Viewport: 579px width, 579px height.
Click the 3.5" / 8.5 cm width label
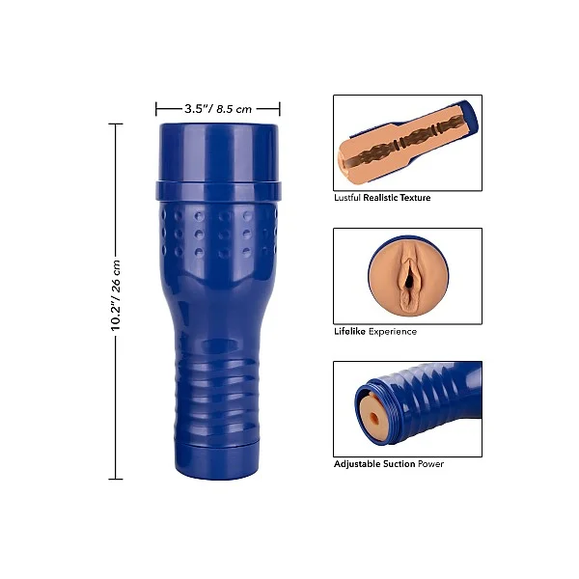click(218, 109)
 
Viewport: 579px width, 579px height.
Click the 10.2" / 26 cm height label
click(116, 295)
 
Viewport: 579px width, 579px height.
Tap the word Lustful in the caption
click(347, 198)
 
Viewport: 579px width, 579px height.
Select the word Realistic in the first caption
click(380, 198)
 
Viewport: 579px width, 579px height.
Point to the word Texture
click(415, 198)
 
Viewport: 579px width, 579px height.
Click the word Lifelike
click(349, 331)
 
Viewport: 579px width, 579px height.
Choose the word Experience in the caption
click(393, 332)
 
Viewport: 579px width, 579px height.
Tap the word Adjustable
click(357, 464)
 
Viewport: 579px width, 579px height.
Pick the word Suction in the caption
click(399, 463)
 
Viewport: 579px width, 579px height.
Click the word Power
click(430, 463)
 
